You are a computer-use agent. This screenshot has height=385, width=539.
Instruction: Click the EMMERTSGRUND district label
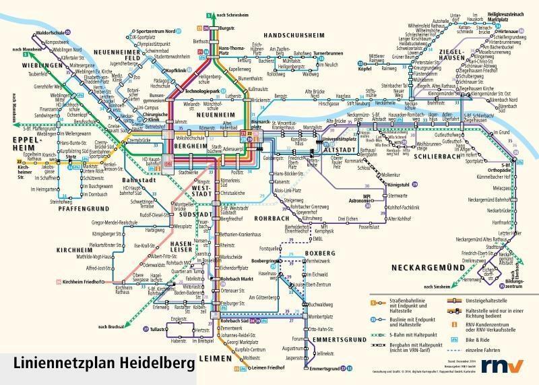point(334,338)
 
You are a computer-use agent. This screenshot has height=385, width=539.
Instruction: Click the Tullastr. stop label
point(158,330)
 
